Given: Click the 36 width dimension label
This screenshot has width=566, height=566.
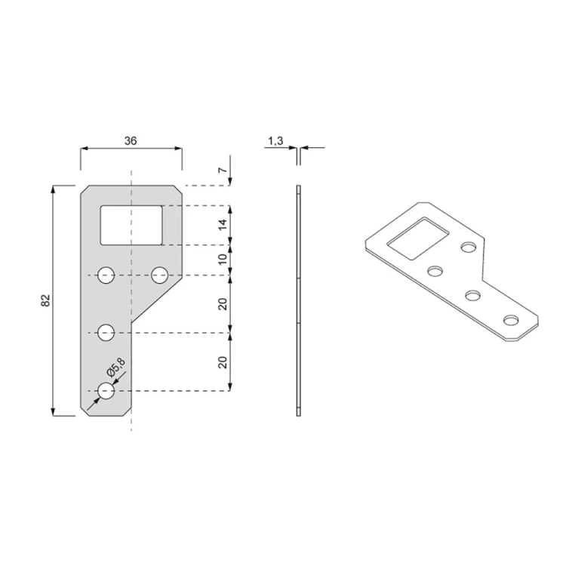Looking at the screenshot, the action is pyautogui.click(x=131, y=141).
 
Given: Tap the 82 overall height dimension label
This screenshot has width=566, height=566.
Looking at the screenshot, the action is pyautogui.click(x=45, y=300).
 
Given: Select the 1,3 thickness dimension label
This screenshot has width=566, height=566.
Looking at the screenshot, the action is pyautogui.click(x=275, y=141).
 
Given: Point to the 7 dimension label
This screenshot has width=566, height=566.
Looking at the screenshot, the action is pyautogui.click(x=224, y=170).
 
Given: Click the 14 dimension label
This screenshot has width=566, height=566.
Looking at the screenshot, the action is pyautogui.click(x=223, y=225).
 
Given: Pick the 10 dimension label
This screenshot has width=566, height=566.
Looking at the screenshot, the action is pyautogui.click(x=223, y=259).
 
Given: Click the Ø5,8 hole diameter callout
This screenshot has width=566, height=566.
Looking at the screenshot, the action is pyautogui.click(x=115, y=368).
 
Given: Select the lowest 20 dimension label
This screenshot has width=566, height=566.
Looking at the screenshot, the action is pyautogui.click(x=223, y=362).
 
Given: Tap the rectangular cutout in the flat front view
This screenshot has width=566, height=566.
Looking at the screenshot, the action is pyautogui.click(x=131, y=225).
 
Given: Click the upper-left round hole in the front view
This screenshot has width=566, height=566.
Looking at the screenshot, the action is pyautogui.click(x=106, y=275).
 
